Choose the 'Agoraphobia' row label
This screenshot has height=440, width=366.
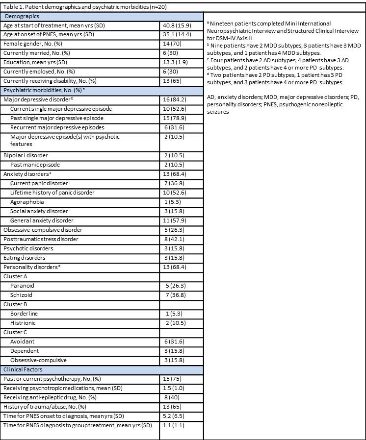[x=27, y=202]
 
